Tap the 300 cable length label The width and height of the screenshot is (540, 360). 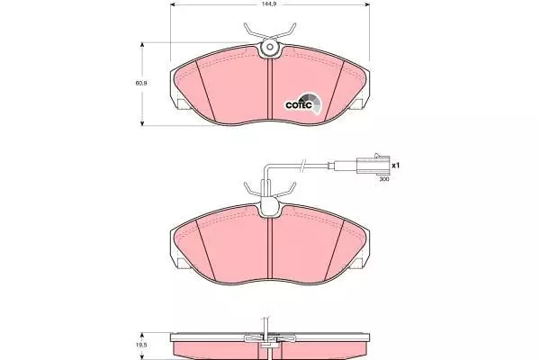pos(384,179)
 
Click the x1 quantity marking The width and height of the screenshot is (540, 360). pos(396,166)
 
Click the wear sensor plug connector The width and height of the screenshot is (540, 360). pos(373,165)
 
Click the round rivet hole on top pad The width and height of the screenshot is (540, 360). pos(270,47)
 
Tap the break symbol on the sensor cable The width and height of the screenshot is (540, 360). pos(302,165)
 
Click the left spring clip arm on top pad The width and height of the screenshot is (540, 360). pos(254,31)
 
